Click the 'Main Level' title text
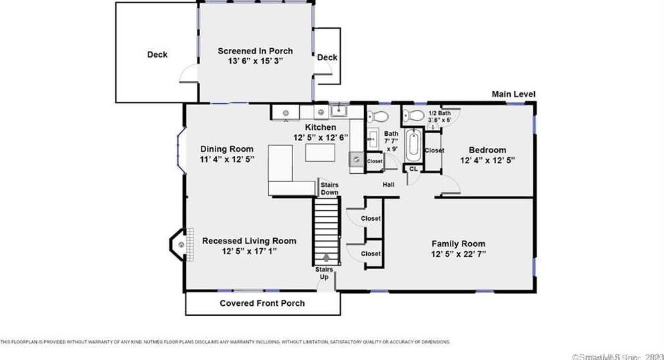pyautogui.click(x=513, y=94)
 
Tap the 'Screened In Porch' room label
pyautogui.click(x=255, y=51)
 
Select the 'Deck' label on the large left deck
pyautogui.click(x=157, y=55)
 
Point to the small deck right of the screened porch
pyautogui.click(x=327, y=58)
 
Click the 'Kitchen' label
pyautogui.click(x=321, y=127)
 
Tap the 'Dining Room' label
pyautogui.click(x=227, y=149)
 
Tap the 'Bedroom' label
pyautogui.click(x=487, y=150)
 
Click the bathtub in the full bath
pyautogui.click(x=413, y=145)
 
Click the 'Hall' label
pyautogui.click(x=388, y=184)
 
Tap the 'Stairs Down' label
pyautogui.click(x=329, y=188)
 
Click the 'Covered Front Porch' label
pyautogui.click(x=262, y=303)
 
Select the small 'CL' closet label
pyautogui.click(x=413, y=169)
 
